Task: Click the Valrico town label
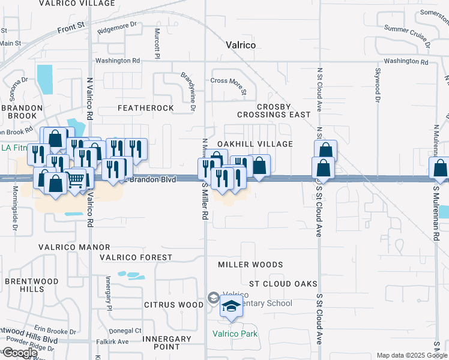pos(241,45)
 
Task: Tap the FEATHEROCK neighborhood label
pos(145,108)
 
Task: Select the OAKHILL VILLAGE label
pos(255,144)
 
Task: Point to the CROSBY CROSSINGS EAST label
pos(274,110)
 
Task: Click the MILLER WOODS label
pos(250,265)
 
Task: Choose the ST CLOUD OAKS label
pos(283,284)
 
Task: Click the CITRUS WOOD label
pos(174,305)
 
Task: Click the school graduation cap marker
pos(231,307)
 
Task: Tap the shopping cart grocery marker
pos(75,179)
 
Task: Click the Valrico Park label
pos(234,334)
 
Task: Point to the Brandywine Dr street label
pos(188,91)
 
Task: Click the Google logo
pos(20,353)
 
